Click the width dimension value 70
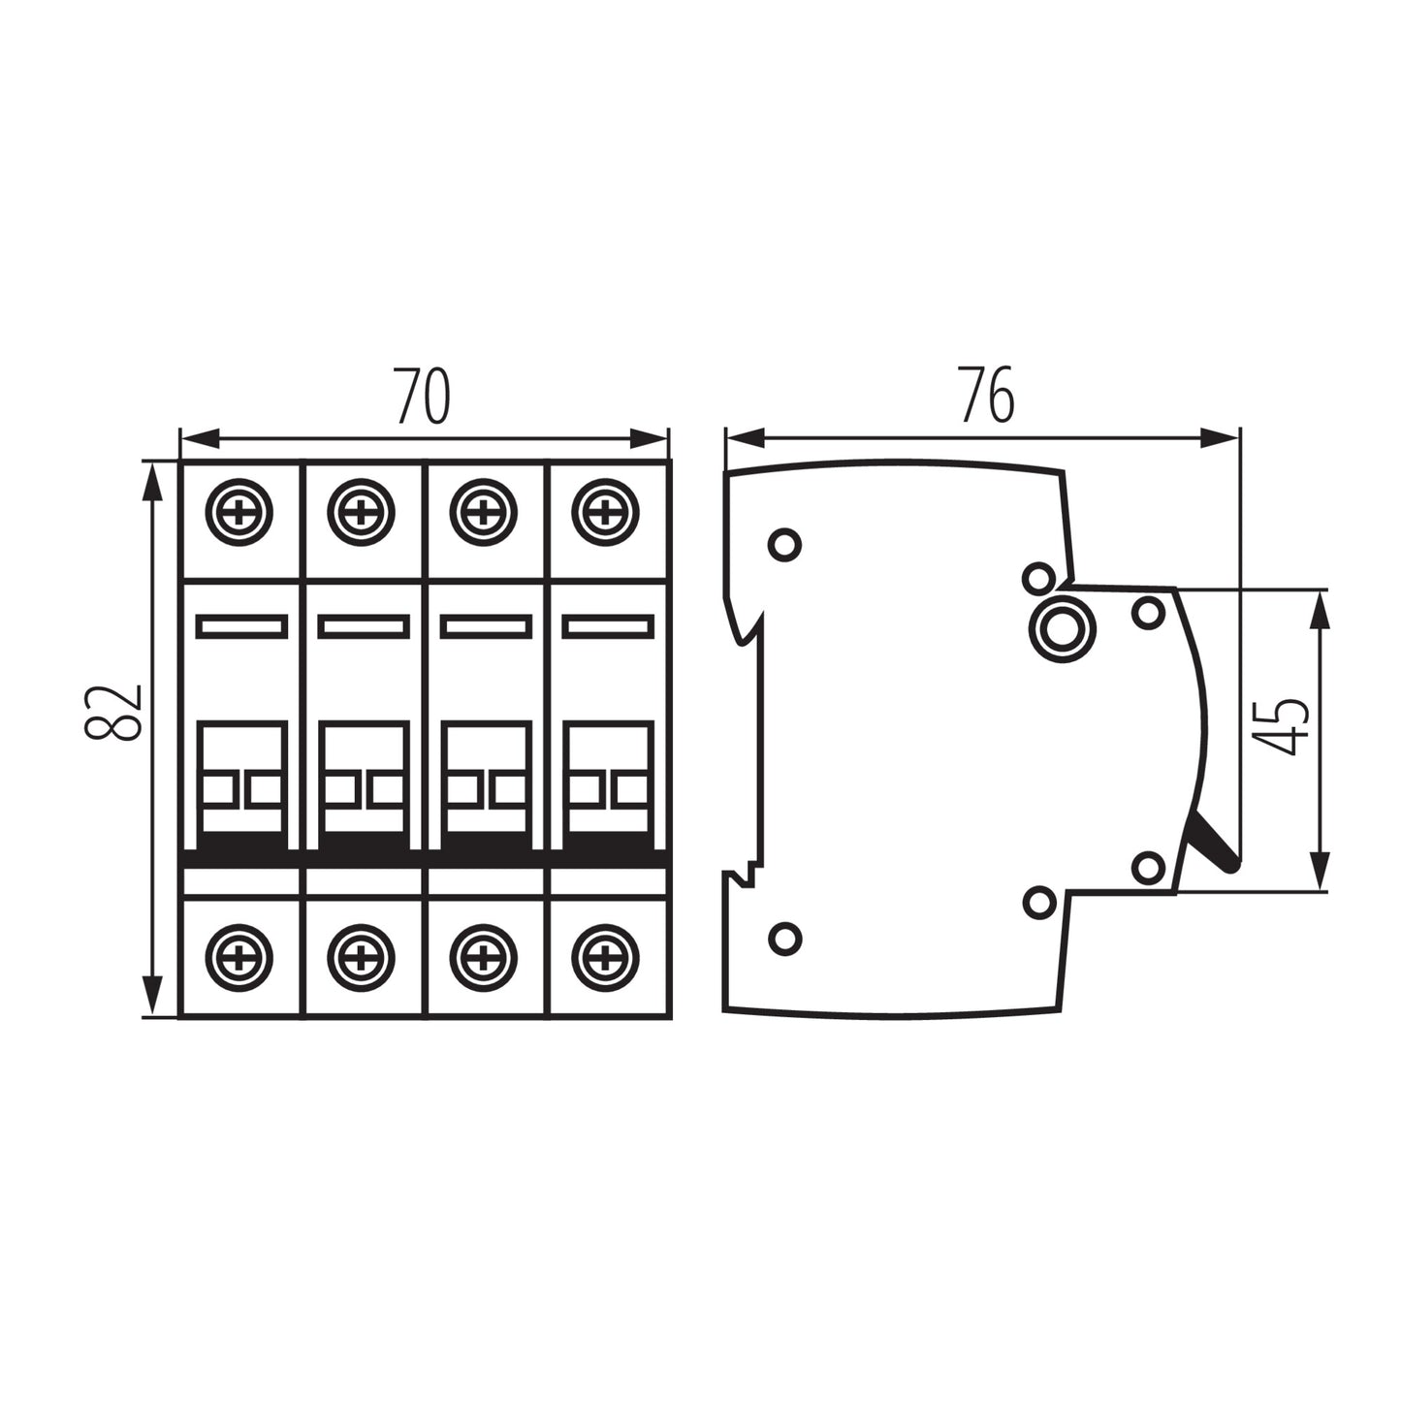[424, 397]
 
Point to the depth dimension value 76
[987, 396]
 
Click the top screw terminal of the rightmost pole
[605, 511]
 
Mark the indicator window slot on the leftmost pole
[241, 626]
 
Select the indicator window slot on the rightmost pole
[607, 626]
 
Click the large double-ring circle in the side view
[1063, 628]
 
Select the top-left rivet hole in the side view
[784, 544]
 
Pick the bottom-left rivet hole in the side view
[784, 938]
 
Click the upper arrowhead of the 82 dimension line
[151, 480]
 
